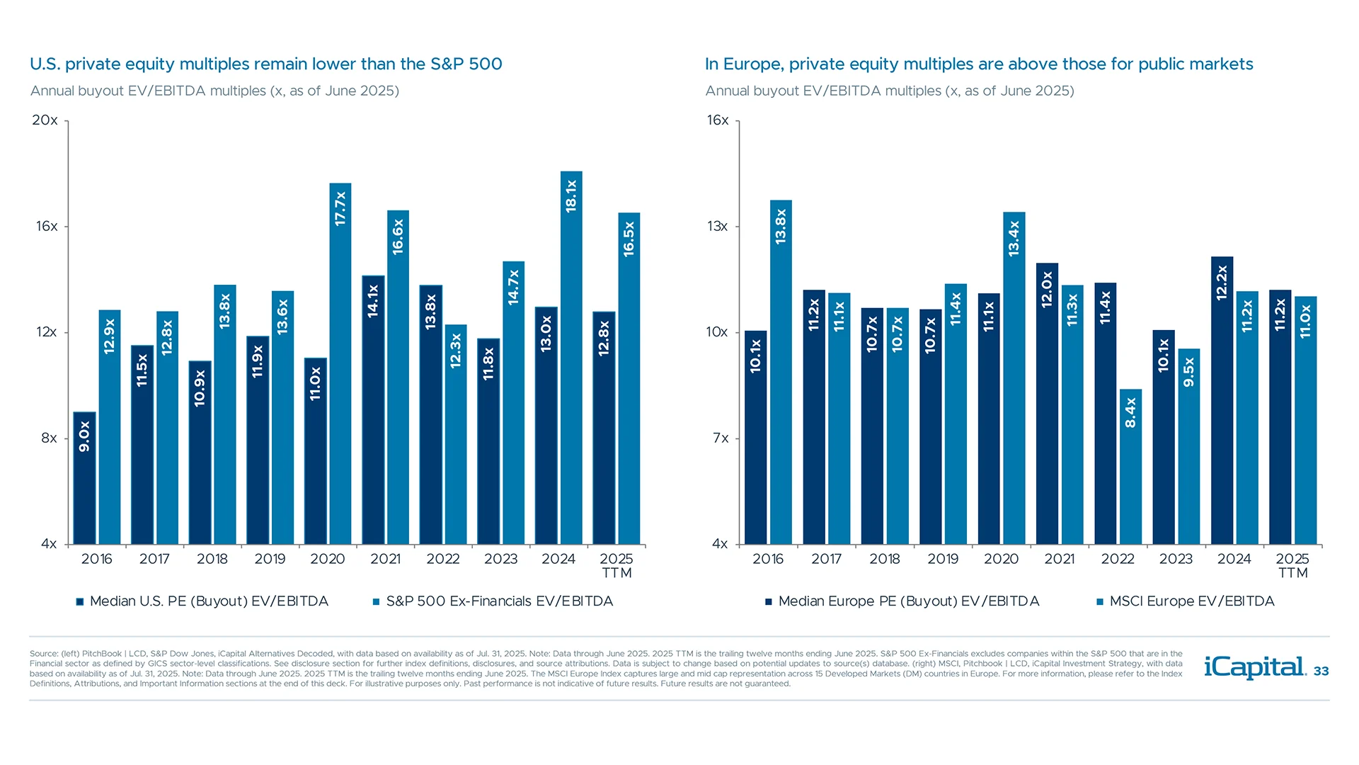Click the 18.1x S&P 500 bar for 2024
pos(571,358)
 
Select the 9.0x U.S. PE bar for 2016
pos(84,478)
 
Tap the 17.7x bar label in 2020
pos(340,208)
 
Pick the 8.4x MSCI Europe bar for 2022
pos(1130,467)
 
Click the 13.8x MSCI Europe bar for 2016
pos(781,372)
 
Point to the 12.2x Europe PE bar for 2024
pos(1222,400)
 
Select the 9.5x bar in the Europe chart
pos(1188,446)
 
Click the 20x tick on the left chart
pos(45,120)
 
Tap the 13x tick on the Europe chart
pos(717,227)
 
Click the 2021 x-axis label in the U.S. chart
pos(385,559)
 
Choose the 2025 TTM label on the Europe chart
pos(1292,565)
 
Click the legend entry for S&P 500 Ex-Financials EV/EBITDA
pos(498,601)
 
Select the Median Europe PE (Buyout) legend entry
pos(908,601)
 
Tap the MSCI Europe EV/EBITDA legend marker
pos(1100,602)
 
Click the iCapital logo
pos(1254,667)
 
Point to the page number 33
pos(1321,671)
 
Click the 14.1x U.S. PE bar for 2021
pos(373,410)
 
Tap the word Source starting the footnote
pos(43,654)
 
